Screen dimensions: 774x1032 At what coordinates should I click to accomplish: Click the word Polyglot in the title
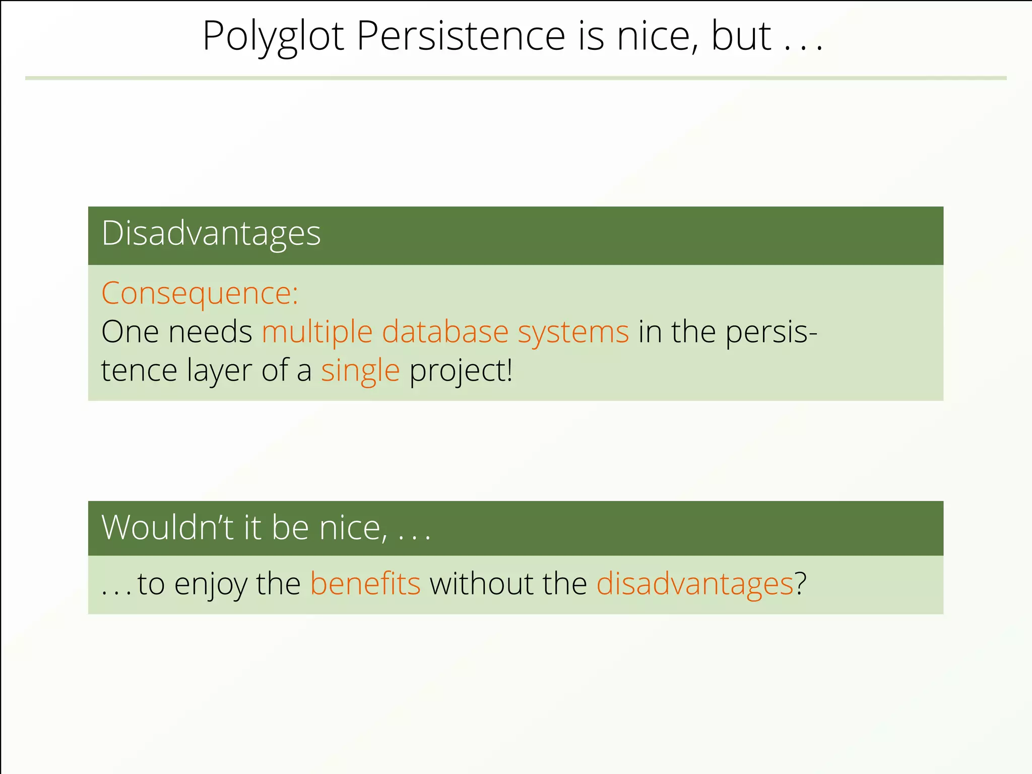pyautogui.click(x=273, y=36)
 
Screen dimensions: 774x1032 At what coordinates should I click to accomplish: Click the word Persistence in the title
pyautogui.click(x=461, y=36)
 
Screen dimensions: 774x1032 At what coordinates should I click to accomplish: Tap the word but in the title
pyautogui.click(x=741, y=36)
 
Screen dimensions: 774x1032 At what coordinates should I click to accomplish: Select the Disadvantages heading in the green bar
pyautogui.click(x=211, y=234)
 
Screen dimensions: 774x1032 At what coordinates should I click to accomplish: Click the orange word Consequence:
pyautogui.click(x=200, y=293)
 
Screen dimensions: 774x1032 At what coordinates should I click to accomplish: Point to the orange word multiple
pyautogui.click(x=317, y=332)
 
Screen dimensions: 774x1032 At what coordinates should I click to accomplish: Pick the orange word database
pyautogui.click(x=445, y=332)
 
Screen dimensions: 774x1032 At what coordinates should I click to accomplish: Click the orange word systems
pyautogui.click(x=573, y=332)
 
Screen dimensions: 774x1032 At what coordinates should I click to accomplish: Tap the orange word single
pyautogui.click(x=360, y=371)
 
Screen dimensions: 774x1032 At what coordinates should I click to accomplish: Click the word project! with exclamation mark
pyautogui.click(x=461, y=371)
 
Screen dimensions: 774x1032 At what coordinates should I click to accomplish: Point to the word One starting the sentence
pyautogui.click(x=130, y=332)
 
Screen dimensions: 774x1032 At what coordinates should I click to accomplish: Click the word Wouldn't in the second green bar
pyautogui.click(x=167, y=528)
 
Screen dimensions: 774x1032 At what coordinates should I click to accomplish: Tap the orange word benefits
pyautogui.click(x=365, y=584)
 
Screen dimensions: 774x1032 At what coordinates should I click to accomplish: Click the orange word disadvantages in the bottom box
pyautogui.click(x=695, y=584)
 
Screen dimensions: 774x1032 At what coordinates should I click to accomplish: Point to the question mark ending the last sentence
pyautogui.click(x=801, y=584)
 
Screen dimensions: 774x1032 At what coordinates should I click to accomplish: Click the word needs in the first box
pyautogui.click(x=210, y=332)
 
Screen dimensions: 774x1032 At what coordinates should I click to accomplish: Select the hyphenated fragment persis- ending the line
pyautogui.click(x=771, y=332)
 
